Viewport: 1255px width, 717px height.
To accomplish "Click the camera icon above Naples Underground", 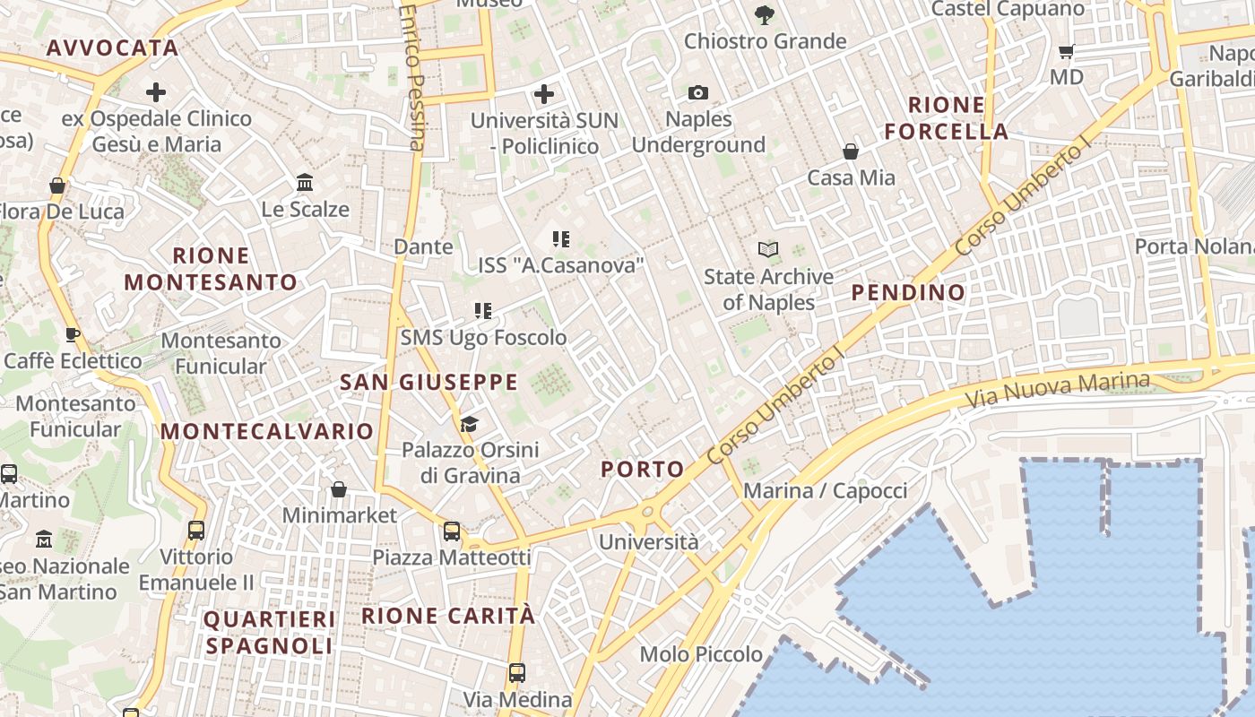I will [x=697, y=92].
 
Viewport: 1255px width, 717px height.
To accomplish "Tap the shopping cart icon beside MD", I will [x=1066, y=52].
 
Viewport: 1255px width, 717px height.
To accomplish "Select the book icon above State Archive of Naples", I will [x=767, y=249].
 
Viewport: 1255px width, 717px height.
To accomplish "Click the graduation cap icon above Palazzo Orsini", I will [x=469, y=423].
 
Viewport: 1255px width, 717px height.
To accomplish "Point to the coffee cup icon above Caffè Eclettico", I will [x=73, y=335].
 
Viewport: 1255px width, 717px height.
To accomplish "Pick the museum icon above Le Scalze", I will [x=305, y=183].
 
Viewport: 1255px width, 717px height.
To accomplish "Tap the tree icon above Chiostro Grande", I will [x=764, y=14].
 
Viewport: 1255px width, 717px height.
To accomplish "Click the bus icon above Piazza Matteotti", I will [x=452, y=531].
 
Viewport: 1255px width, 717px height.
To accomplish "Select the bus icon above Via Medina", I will [x=517, y=672].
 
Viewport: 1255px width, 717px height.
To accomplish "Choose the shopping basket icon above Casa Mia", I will [x=850, y=151].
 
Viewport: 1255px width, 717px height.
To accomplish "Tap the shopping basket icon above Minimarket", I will [x=339, y=489].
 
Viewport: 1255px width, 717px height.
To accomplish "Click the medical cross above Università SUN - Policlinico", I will [x=543, y=93].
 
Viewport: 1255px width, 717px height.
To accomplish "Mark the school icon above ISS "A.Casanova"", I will [x=561, y=239].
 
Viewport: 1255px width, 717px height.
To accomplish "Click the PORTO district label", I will [x=642, y=469].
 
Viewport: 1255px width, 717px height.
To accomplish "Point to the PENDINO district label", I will [x=908, y=292].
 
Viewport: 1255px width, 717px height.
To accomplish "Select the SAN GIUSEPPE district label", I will [x=428, y=383].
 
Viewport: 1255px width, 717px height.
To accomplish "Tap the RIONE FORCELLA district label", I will [x=947, y=118].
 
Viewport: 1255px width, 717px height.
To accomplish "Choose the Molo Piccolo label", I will [x=701, y=654].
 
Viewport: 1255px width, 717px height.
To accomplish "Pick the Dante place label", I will [x=423, y=246].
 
